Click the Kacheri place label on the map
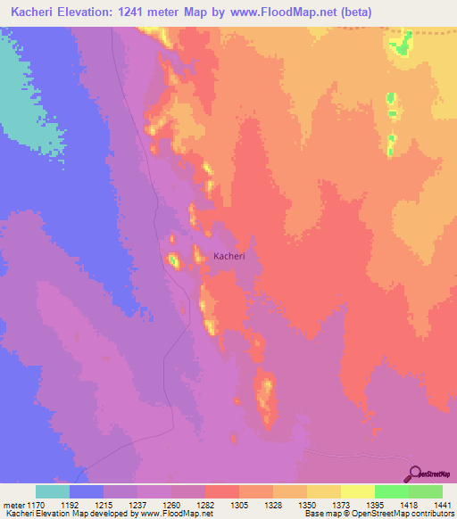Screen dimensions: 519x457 pyautogui.click(x=228, y=256)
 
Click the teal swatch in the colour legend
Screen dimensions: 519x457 pyautogui.click(x=53, y=491)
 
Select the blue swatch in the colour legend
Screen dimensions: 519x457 pyautogui.click(x=87, y=491)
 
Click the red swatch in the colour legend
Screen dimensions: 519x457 pyautogui.click(x=221, y=491)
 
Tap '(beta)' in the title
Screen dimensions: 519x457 pyautogui.click(x=350, y=12)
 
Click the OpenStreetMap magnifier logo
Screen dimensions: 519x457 pyautogui.click(x=413, y=474)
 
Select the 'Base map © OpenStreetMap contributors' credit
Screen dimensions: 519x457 pyautogui.click(x=378, y=513)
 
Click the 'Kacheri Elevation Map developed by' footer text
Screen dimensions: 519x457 pyautogui.click(x=62, y=513)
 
